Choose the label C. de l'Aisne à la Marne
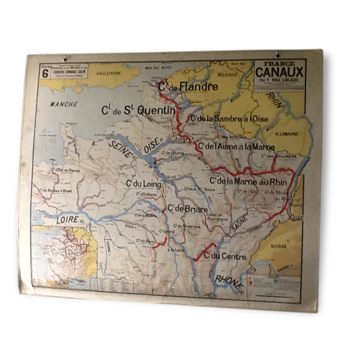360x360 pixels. click(236, 146)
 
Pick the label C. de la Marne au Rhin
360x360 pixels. click(248, 181)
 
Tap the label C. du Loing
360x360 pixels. click(144, 183)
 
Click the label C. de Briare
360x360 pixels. click(187, 208)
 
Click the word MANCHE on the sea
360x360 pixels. click(63, 104)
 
